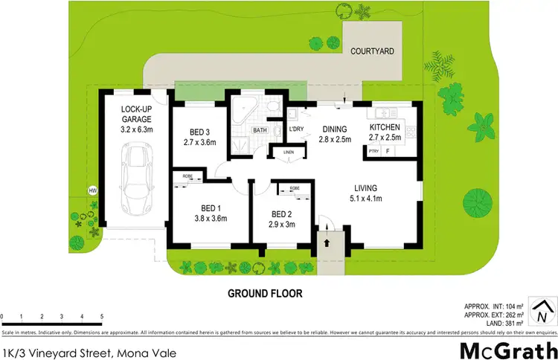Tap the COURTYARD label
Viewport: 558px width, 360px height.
pos(373,51)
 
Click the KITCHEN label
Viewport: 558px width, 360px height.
pos(385,127)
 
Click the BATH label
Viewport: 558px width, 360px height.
pos(260,130)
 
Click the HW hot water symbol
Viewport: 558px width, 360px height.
pos(93,190)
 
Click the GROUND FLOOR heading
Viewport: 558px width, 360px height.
pos(265,293)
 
